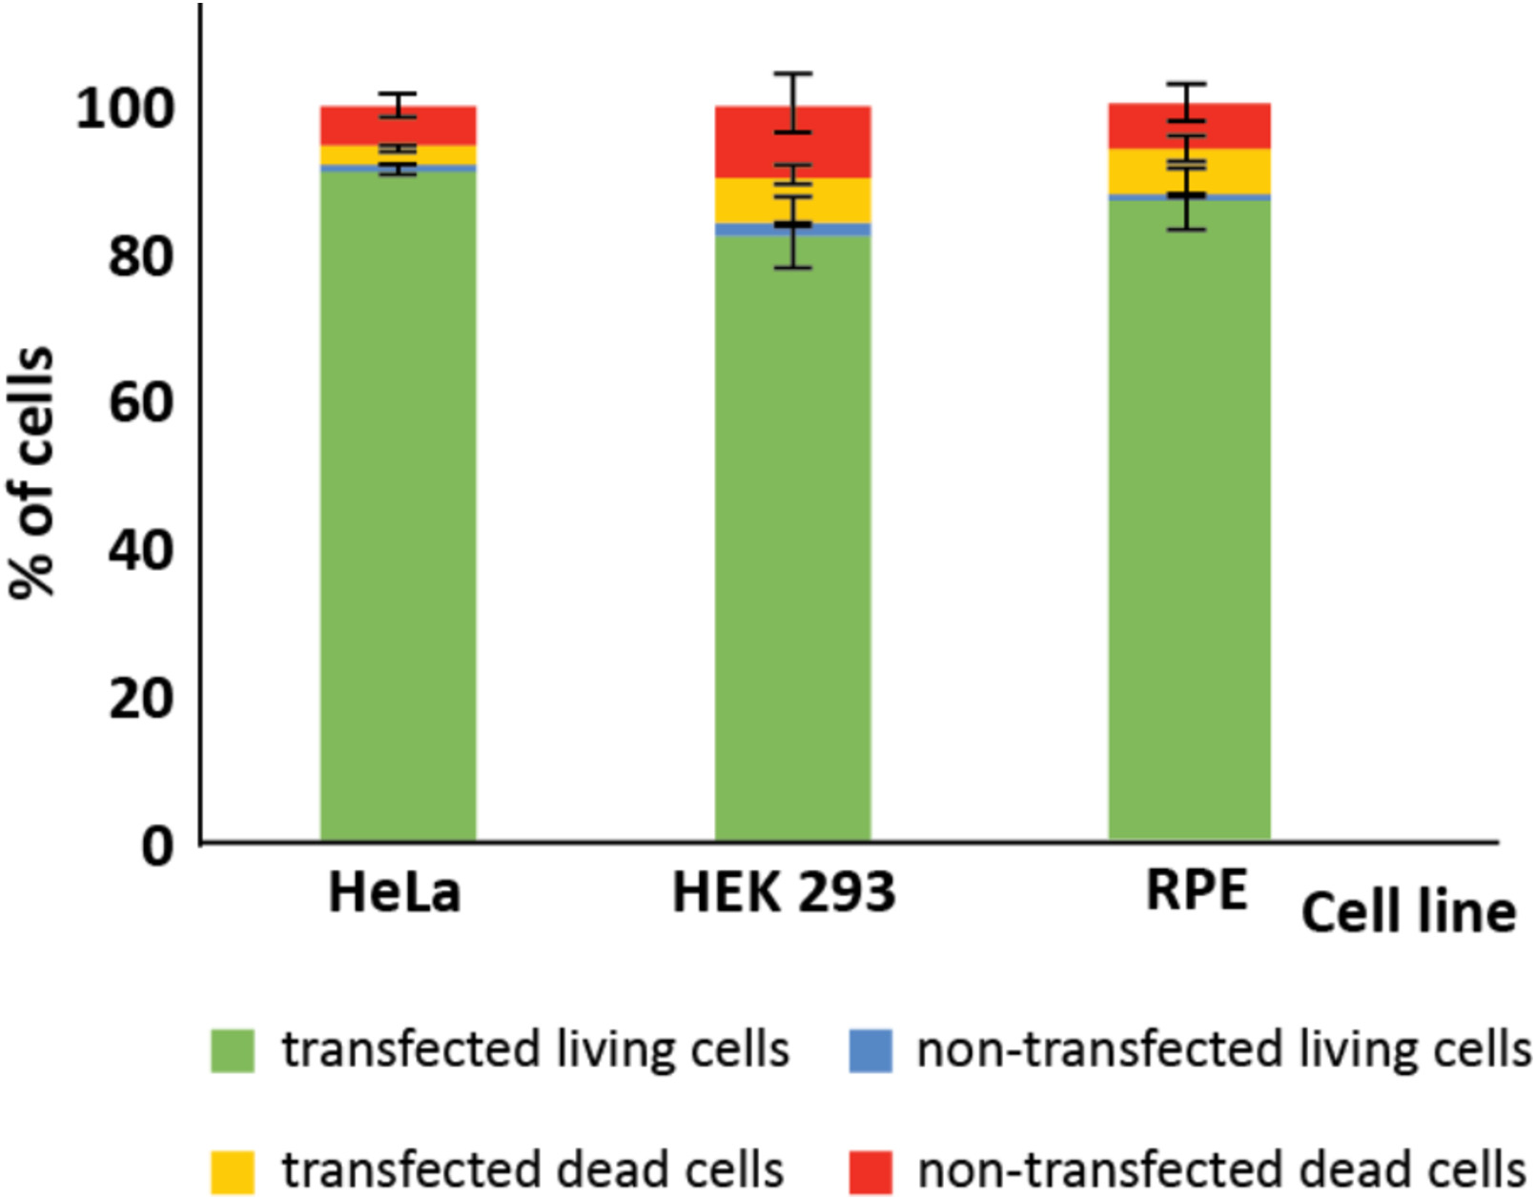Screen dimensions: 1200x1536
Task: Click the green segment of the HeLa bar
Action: tap(398, 505)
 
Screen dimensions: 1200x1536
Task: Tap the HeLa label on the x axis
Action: tap(394, 893)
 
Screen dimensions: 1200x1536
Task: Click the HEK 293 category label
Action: tap(784, 893)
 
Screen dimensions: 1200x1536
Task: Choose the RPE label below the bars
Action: tap(1197, 891)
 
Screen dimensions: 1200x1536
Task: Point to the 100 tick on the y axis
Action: tap(125, 109)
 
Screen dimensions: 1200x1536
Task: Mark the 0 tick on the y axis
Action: tap(158, 844)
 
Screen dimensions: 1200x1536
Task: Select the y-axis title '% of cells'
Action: tap(32, 472)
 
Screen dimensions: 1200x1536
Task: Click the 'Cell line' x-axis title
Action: tap(1408, 912)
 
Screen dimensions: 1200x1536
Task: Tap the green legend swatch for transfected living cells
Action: tap(233, 1050)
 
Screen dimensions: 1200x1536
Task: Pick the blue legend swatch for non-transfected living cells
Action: tap(870, 1050)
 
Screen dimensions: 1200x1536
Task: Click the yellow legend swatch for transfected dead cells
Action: tap(233, 1171)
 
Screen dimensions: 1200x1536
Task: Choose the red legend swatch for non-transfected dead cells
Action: tap(870, 1171)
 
